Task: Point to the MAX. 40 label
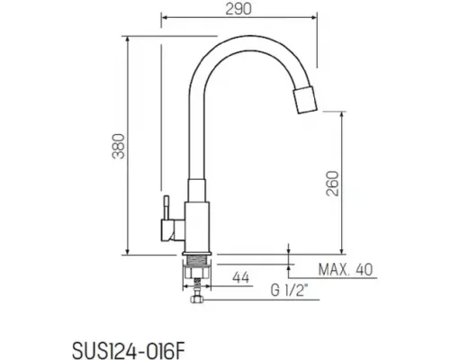(346, 269)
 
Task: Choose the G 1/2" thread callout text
(289, 292)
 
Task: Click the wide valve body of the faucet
(197, 225)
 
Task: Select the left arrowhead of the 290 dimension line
(164, 16)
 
